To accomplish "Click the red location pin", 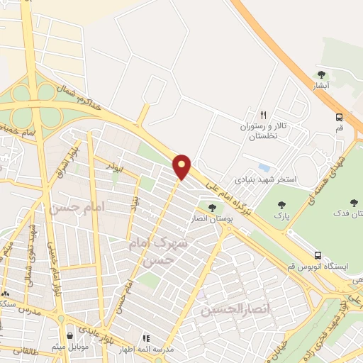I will click(x=182, y=166).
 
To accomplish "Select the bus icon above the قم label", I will click(x=339, y=118).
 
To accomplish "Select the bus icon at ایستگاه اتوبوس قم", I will click(x=318, y=255).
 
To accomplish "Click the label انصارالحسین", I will click(x=226, y=311).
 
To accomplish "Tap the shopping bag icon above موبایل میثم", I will click(x=69, y=336).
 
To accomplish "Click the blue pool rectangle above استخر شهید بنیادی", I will click(x=264, y=168).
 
